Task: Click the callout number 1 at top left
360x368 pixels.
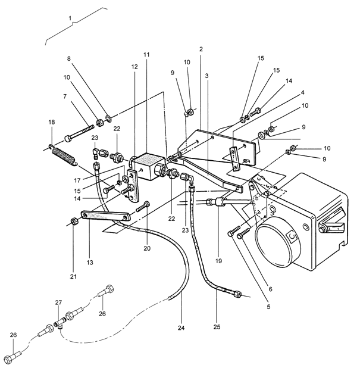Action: coord(70,18)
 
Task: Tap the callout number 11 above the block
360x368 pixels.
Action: coord(146,55)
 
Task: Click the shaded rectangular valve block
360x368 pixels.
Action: coord(148,166)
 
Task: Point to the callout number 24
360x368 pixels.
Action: coord(181,328)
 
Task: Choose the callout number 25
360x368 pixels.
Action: coord(217,327)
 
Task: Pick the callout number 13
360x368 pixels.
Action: coord(90,263)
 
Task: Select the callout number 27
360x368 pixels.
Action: coord(58,302)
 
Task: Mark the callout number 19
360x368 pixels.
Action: coord(218,261)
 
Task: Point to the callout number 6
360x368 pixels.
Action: coord(270,289)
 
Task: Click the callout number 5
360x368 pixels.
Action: coord(268,307)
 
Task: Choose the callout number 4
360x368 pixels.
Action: coord(302,93)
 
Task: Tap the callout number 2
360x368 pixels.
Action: coord(201,49)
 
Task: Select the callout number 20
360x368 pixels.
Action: coord(147,248)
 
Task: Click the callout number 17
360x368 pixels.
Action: coord(77,180)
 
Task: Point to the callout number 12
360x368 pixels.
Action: coord(134,67)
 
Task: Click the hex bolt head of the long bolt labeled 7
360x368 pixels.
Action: coord(68,138)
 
